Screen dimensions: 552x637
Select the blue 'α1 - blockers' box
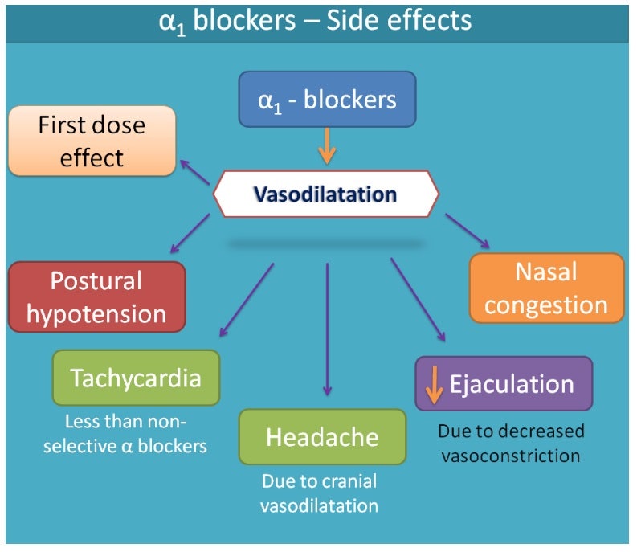(x=326, y=100)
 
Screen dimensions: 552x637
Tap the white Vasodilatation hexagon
(x=325, y=194)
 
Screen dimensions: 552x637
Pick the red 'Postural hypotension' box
(x=96, y=296)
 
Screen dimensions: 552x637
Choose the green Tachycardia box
(x=136, y=378)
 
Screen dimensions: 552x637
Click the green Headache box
(x=322, y=437)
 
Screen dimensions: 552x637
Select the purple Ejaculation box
(x=504, y=384)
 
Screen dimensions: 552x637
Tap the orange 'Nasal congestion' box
(x=546, y=288)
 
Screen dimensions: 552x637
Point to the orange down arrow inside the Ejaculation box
(x=434, y=385)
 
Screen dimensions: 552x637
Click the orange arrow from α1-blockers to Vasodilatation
(x=326, y=147)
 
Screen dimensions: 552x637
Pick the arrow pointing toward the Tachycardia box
(x=246, y=300)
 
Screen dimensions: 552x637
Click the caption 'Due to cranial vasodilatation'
(x=321, y=493)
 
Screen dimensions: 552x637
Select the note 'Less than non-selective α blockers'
(x=136, y=434)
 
